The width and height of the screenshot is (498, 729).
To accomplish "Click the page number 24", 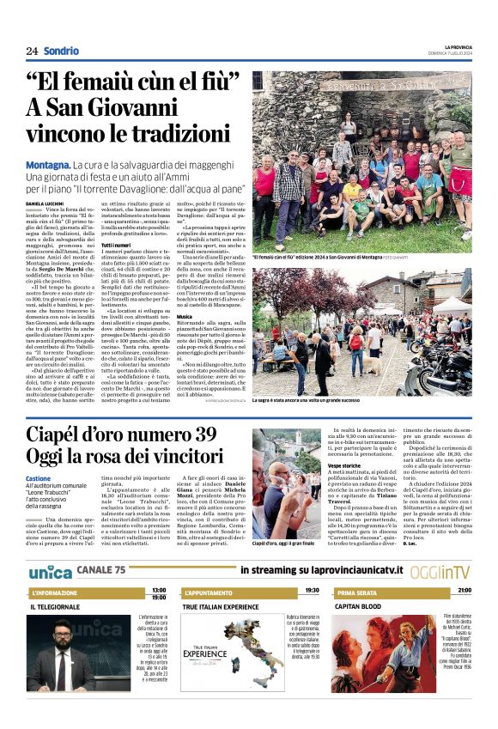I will tap(32, 51).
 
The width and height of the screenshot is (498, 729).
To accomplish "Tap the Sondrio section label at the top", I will tap(61, 51).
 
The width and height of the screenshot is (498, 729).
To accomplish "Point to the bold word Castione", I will tap(38, 478).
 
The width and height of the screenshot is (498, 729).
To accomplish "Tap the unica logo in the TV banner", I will tap(50, 572).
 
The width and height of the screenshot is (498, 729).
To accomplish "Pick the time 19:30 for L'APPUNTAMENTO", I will tap(312, 591).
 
